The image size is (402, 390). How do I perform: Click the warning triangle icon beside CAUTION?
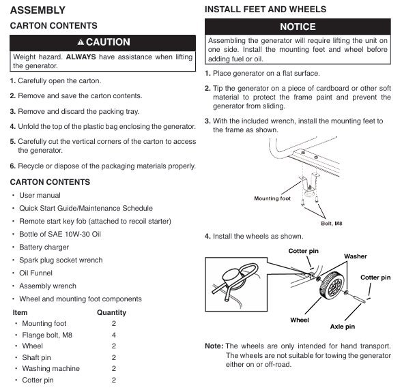point(81,42)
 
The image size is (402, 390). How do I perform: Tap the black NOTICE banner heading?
point(298,27)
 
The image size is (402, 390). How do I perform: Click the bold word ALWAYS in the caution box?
point(81,57)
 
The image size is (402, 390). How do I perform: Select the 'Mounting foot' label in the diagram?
point(272,198)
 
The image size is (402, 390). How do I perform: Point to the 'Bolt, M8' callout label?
point(332,224)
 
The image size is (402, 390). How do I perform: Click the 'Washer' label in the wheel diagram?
point(356,256)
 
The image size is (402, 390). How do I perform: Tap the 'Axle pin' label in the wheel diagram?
point(343,327)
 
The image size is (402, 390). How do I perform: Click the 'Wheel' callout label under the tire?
point(300,320)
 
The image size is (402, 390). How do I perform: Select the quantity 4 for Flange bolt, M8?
point(114,335)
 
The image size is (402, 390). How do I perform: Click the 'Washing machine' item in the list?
point(51,368)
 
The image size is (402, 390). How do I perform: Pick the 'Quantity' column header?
point(111,312)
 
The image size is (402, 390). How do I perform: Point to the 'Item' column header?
point(20,312)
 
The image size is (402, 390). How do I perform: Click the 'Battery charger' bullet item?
point(44,247)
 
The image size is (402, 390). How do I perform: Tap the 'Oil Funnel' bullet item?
point(35,273)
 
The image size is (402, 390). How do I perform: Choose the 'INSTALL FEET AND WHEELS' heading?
point(265,10)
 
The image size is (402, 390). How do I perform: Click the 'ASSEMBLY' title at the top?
point(38,10)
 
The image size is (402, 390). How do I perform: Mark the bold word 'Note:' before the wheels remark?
point(214,346)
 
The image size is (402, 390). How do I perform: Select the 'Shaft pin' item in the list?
point(36,357)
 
